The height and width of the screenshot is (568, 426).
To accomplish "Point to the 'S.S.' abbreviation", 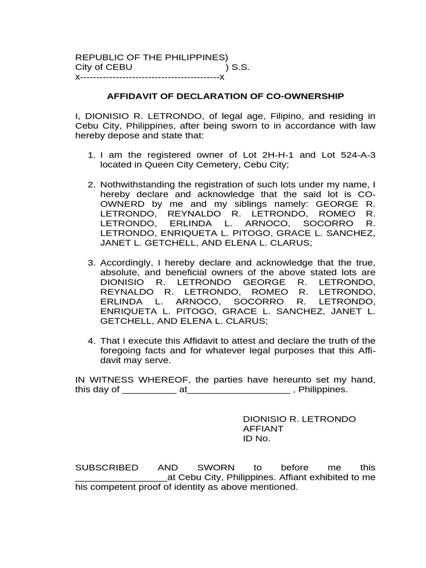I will coord(241,67).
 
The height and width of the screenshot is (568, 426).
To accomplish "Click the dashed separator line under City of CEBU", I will coord(150,77).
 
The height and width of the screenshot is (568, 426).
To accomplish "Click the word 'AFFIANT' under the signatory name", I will coord(263,429).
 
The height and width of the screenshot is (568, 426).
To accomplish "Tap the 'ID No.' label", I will coord(256,438).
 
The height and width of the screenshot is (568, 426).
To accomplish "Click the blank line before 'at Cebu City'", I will coord(121,478).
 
